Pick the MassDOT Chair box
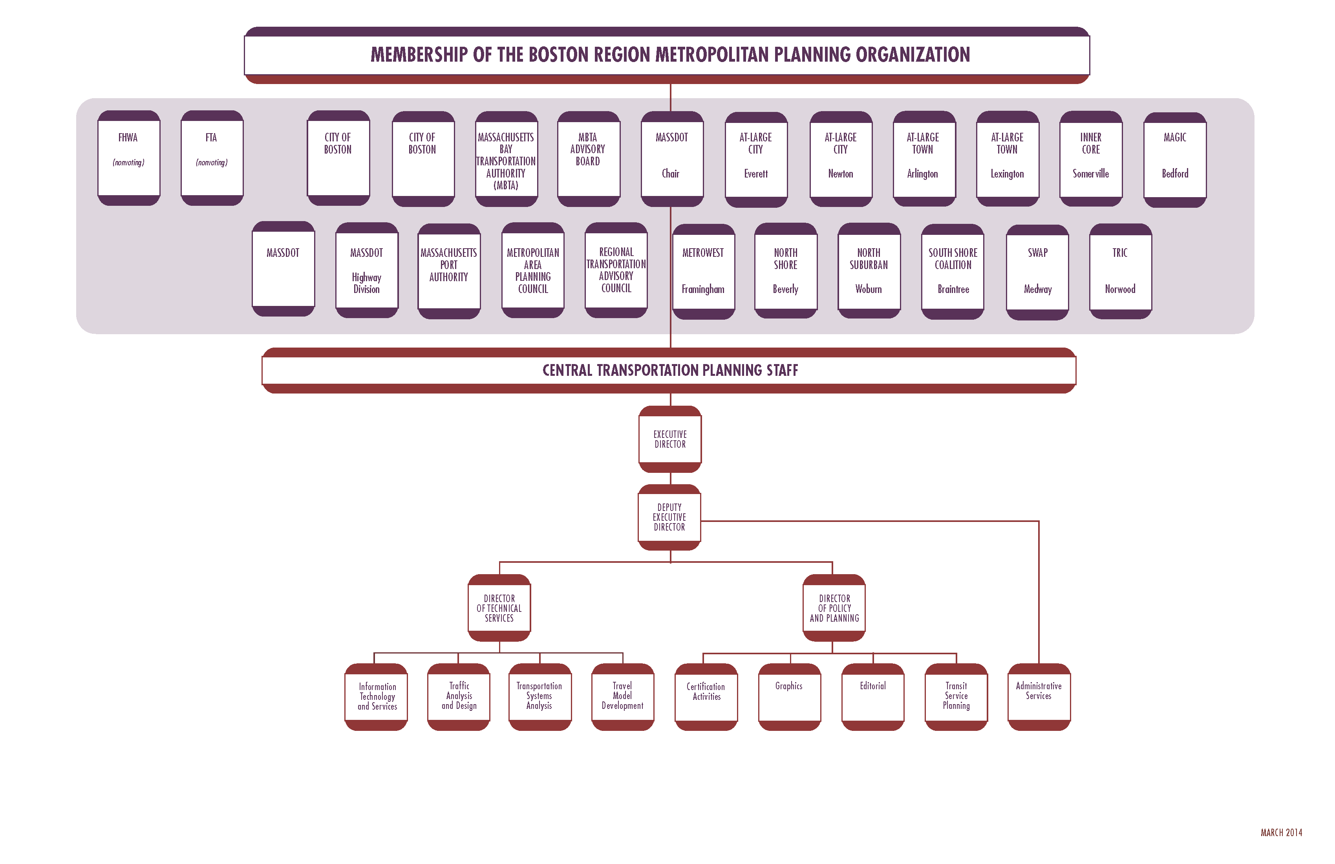[x=671, y=158]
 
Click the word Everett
[x=755, y=174]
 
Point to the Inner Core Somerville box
[x=1090, y=158]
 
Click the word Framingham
[x=703, y=289]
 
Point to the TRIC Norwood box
[x=1120, y=271]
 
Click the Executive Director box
[x=670, y=439]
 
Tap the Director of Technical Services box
[x=499, y=608]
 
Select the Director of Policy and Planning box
[x=834, y=608]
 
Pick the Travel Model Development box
[x=622, y=696]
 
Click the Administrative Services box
[x=1038, y=696]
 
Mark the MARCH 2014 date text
[x=1281, y=833]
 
